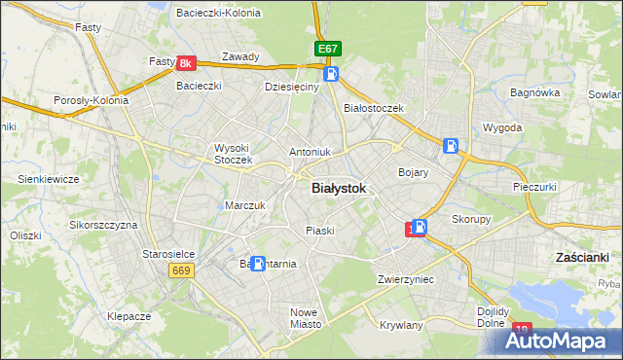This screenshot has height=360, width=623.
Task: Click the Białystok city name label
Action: coord(339,190)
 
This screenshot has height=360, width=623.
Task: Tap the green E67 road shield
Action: coord(328,49)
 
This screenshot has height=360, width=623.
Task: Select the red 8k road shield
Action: coord(188,63)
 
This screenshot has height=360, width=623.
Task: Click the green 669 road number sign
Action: coord(179,270)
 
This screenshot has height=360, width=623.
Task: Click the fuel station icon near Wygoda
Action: coord(451,146)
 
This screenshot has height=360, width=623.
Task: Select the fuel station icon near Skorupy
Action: coord(419,228)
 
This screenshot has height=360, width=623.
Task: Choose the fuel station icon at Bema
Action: coord(258,263)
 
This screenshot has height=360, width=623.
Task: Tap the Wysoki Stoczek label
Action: coord(234,154)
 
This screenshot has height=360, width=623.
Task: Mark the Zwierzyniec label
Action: coord(406,279)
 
